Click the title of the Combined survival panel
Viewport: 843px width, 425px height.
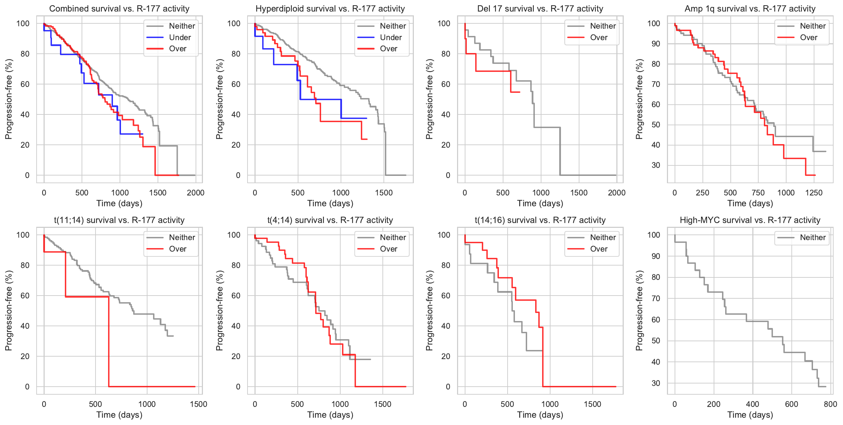tap(119, 9)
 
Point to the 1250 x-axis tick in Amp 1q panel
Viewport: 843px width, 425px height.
tap(814, 193)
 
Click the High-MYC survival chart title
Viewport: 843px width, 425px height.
tap(750, 220)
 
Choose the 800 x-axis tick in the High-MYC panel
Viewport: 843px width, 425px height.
tap(830, 404)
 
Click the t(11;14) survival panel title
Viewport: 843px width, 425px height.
tap(119, 220)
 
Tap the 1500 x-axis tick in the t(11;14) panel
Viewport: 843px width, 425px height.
tap(198, 404)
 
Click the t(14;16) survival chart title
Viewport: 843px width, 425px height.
tap(540, 220)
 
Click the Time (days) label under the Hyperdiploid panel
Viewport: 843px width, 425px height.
tap(330, 203)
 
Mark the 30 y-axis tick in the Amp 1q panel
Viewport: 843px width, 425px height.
tap(655, 165)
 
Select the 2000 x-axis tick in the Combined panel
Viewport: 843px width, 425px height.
tap(196, 193)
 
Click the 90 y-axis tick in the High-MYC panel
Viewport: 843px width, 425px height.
tap(655, 256)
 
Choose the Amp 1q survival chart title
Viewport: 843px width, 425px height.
tap(750, 9)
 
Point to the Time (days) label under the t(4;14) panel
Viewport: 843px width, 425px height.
tap(330, 415)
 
